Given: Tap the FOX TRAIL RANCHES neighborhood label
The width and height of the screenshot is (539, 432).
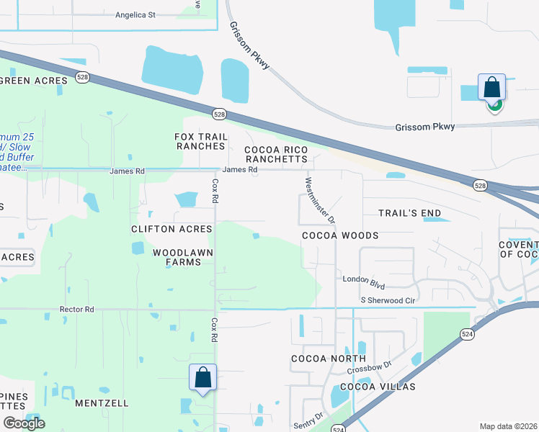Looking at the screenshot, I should (201, 141).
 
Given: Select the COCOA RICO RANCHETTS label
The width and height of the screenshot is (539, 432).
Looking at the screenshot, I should (276, 154).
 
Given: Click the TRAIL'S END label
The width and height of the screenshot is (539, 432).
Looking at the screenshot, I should (410, 213).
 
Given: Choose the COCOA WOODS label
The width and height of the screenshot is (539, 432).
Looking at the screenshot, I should (340, 235).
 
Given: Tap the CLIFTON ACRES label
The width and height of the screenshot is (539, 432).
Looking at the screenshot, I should (171, 229).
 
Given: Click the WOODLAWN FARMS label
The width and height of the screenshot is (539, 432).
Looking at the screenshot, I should (177, 257).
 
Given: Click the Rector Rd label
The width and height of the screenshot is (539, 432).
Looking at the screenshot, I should (77, 310).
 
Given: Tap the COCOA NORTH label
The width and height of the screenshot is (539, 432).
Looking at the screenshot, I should (328, 359).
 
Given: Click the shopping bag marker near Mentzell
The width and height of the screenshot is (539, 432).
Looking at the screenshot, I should (202, 377).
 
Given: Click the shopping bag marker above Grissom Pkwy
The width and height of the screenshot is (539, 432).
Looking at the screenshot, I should (492, 88).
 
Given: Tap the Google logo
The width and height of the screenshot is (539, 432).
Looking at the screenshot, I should (24, 423).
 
